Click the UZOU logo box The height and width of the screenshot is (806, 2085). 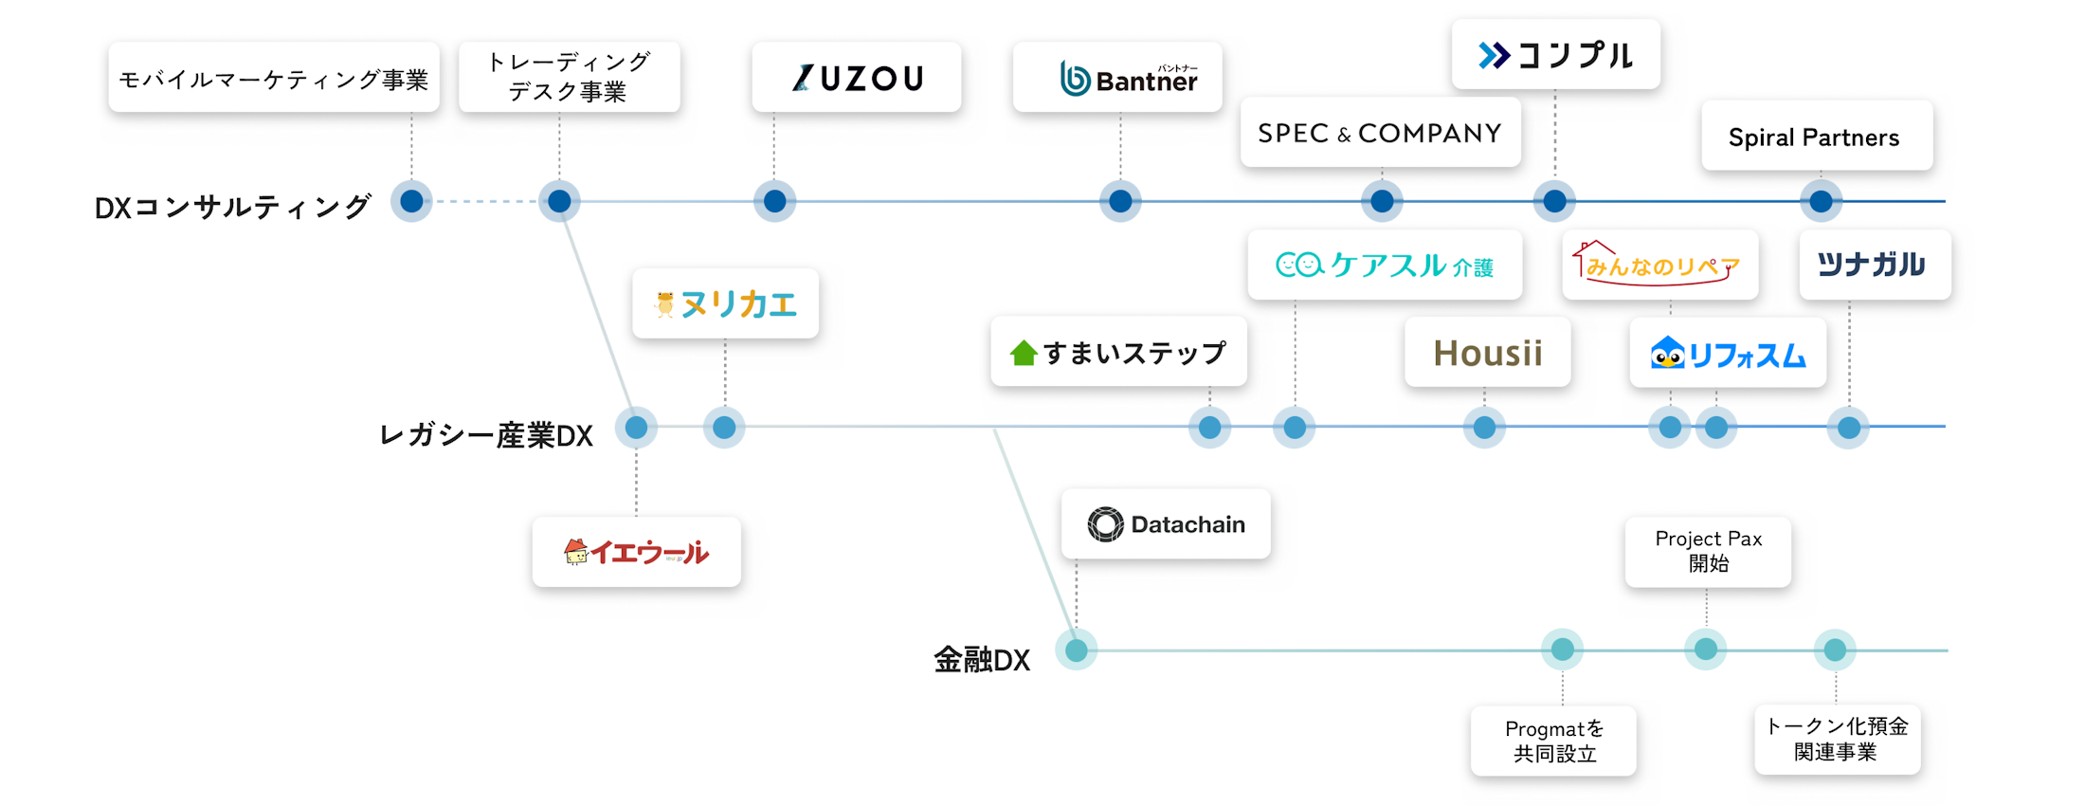pos(857,78)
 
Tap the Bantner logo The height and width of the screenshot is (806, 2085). pos(1118,78)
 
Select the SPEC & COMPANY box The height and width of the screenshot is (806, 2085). pos(1380,133)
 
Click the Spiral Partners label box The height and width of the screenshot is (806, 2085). pos(1816,137)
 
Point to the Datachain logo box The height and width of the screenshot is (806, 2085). pos(1166,524)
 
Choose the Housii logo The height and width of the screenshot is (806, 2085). pos(1487,353)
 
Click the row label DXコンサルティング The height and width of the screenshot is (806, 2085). pos(232,207)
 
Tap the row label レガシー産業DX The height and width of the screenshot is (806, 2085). pos(485,435)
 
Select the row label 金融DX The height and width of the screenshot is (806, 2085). pos(982,659)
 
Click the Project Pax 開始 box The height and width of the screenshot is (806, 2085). pos(1708,551)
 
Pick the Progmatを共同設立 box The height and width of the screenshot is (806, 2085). pos(1554,741)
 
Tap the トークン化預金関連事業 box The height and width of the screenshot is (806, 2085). pos(1837,739)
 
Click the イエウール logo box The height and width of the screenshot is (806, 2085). pos(637,552)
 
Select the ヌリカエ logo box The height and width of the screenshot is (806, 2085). pos(725,303)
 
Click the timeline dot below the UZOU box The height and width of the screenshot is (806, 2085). pos(774,201)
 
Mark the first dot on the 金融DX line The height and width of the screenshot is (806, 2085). pos(1077,650)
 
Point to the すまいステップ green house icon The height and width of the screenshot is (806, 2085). pos(1024,354)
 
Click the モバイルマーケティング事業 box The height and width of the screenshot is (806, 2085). pos(274,79)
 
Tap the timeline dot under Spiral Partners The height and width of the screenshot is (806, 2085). pos(1821,201)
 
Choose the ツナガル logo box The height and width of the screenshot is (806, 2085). pos(1875,265)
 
